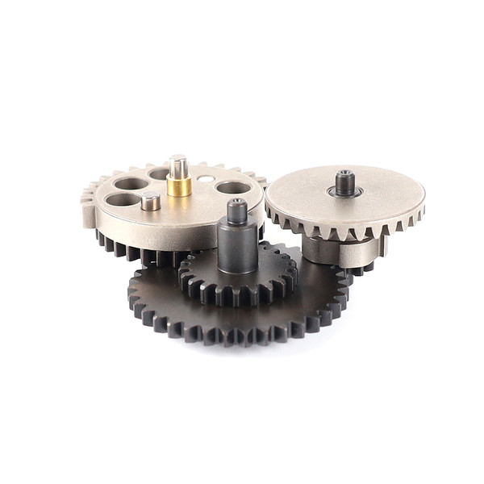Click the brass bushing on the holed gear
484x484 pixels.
click(x=179, y=186)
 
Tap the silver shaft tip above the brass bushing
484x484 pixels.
click(x=178, y=165)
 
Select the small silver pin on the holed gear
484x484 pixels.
click(x=150, y=201)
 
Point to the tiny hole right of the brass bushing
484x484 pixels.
click(x=206, y=178)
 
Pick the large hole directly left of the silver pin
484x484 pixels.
click(x=122, y=199)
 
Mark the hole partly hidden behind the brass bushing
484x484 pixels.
click(x=159, y=173)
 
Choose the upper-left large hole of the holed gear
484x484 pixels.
click(x=131, y=183)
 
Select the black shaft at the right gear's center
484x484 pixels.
click(x=345, y=183)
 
